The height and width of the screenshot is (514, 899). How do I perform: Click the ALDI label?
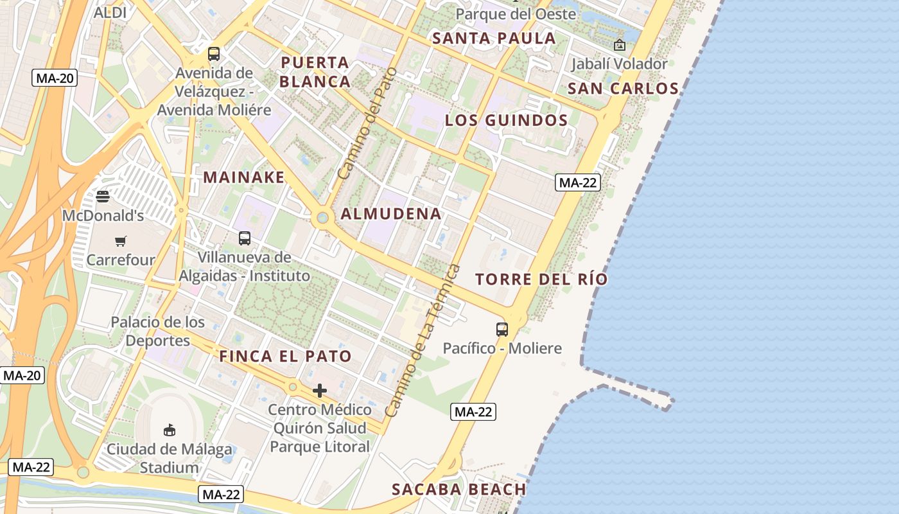pos(110,12)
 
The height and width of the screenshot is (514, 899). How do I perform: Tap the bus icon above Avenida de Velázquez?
pos(214,54)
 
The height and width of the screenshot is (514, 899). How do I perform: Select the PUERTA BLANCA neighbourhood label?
pos(315,72)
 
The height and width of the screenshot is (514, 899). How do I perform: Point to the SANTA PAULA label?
pos(494,38)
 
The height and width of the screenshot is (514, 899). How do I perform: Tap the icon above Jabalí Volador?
pos(620,45)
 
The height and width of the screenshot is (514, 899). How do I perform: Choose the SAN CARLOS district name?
pos(623,89)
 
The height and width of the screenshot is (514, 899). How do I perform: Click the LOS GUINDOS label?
pos(506,120)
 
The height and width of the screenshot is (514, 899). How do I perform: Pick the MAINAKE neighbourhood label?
pos(244,177)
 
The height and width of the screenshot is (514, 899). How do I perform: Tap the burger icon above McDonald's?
pos(103,196)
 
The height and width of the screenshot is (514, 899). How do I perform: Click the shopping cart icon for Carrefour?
pos(121,241)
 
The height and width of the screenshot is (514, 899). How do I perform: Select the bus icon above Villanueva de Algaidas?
pos(245,238)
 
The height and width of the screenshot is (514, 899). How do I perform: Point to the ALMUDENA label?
pos(391,214)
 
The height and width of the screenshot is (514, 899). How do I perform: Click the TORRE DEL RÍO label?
pos(541,279)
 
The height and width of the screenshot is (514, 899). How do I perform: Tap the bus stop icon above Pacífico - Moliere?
pos(502,330)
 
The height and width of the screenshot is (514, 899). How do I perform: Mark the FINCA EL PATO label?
pos(286,357)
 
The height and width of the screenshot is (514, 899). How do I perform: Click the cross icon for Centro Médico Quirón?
pos(320,391)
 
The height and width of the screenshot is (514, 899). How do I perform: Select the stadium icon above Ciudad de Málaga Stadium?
pos(170,429)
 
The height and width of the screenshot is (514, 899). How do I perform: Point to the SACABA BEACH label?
pos(458,490)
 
